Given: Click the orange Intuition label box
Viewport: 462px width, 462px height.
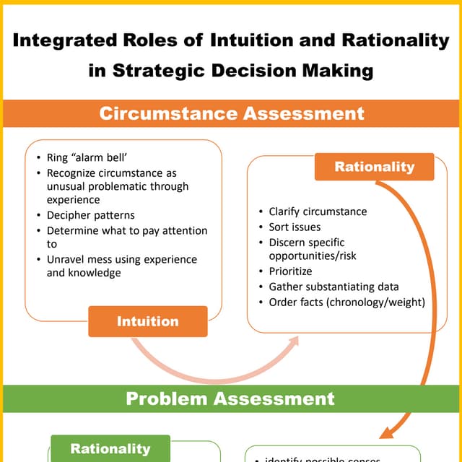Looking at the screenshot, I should [148, 321].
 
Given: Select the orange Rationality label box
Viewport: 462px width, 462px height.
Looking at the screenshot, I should [375, 167].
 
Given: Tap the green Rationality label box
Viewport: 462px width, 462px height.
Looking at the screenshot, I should [110, 448].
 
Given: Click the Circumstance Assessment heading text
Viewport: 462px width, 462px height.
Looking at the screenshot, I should [231, 113].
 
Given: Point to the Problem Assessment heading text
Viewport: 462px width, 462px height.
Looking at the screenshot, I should [230, 398].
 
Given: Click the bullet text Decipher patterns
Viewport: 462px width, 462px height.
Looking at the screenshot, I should [91, 215].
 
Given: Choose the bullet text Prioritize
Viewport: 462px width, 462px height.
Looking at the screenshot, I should [290, 271].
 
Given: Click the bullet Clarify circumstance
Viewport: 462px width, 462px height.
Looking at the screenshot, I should [318, 212].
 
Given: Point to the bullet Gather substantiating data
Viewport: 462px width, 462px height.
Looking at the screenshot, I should [334, 287].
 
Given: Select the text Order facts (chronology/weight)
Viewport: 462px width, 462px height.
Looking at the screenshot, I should [346, 302].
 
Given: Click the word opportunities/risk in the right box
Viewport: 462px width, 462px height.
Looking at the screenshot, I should [313, 256].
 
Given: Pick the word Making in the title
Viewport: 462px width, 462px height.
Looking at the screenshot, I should [341, 71].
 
